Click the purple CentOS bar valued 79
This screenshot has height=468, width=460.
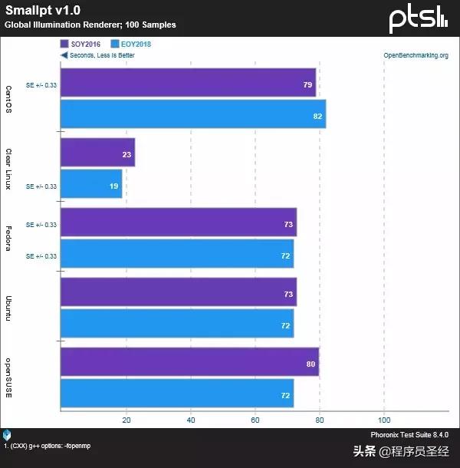[188, 83]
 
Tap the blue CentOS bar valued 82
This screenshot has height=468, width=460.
[192, 114]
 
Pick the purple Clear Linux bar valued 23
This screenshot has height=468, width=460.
[97, 153]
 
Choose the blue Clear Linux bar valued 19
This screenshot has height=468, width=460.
[91, 184]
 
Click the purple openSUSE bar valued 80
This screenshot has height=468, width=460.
[189, 363]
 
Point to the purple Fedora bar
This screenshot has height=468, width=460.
[178, 222]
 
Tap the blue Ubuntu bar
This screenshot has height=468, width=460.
[176, 323]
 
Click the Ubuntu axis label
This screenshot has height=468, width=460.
[8, 308]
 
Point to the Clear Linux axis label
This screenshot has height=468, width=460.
[8, 169]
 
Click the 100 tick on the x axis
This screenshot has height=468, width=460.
[385, 420]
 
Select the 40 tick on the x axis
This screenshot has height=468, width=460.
[190, 420]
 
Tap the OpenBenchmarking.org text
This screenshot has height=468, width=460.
[415, 55]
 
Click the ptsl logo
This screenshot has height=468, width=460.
[418, 18]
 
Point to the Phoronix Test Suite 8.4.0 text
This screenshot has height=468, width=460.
[409, 435]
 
